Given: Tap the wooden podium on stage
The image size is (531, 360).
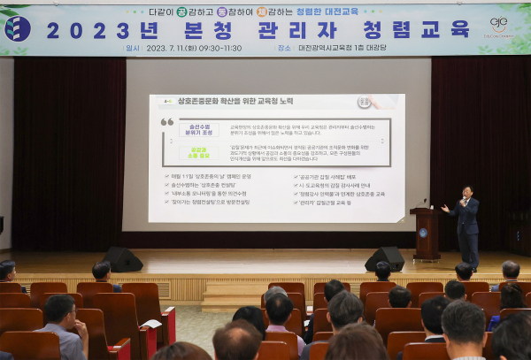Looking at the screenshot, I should [427, 234].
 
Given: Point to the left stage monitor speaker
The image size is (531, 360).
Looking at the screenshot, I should [122, 259].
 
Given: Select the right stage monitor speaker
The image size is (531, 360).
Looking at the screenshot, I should [385, 258].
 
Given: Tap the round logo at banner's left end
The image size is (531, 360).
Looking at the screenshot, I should [18, 28].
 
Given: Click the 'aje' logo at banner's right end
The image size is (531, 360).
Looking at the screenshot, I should [499, 24].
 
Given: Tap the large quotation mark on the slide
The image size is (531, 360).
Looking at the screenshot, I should [167, 121].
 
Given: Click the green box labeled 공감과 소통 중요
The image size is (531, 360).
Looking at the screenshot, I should [199, 151].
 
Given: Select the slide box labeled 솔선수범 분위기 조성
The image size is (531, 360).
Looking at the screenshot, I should [199, 129].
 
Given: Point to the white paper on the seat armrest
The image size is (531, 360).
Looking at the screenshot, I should [150, 326].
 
